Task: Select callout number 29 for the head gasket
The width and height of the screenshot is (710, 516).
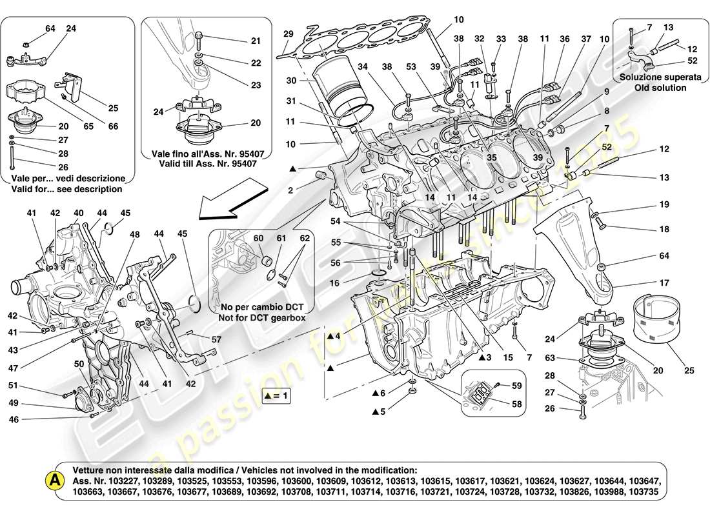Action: (x=289, y=34)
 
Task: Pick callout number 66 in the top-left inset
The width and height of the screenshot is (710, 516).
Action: (x=114, y=126)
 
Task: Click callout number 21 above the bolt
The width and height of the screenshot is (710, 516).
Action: (x=256, y=41)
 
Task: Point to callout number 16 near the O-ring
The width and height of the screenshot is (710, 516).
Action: (x=334, y=283)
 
